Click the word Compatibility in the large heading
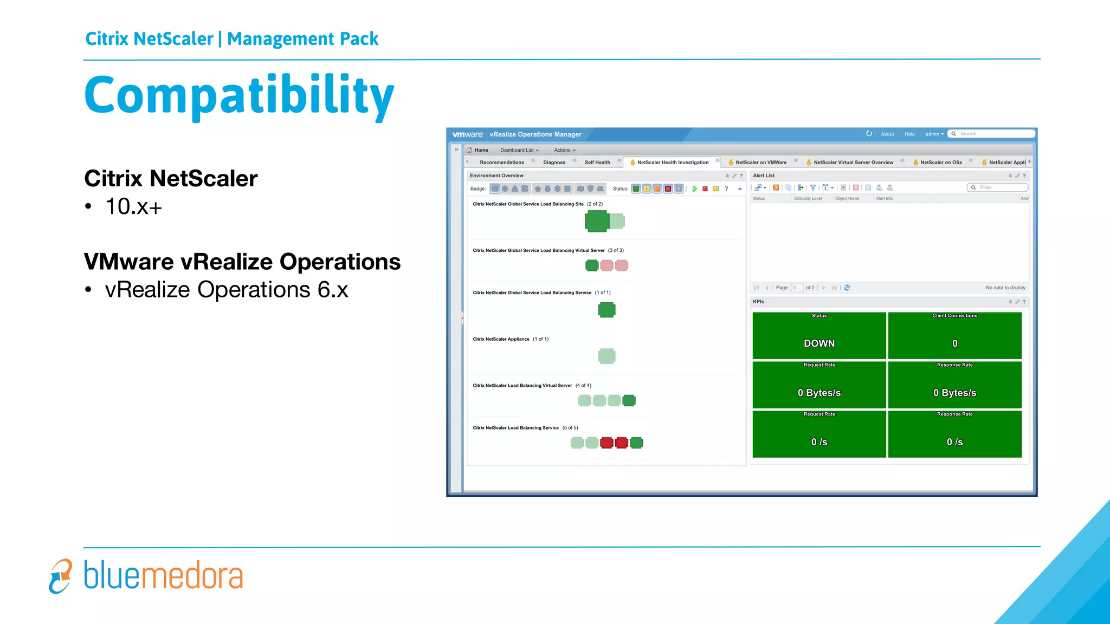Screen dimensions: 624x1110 [x=239, y=96]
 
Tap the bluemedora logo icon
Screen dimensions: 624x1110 [x=60, y=576]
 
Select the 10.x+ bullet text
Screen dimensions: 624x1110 [x=133, y=206]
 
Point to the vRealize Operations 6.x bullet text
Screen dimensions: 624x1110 [x=226, y=290]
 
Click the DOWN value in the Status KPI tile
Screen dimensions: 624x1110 [x=819, y=343]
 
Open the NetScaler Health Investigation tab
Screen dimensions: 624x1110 [x=673, y=162]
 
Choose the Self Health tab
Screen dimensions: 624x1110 [x=597, y=162]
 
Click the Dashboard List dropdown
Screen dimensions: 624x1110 [x=519, y=150]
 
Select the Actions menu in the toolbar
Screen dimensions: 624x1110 [x=564, y=150]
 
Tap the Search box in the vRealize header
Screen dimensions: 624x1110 [x=995, y=134]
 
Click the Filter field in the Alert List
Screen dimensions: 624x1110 [x=1001, y=187]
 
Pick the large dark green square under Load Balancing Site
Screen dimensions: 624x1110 [x=597, y=221]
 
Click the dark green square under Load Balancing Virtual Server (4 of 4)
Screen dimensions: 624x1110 [x=629, y=400]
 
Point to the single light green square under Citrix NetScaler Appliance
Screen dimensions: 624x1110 [x=606, y=356]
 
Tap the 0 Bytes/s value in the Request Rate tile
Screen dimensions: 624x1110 [x=819, y=393]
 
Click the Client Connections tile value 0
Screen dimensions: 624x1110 [x=954, y=343]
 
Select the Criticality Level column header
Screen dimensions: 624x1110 [x=808, y=198]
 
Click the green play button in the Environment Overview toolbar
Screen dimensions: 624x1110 [x=694, y=188]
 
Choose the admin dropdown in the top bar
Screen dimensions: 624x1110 [x=934, y=134]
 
